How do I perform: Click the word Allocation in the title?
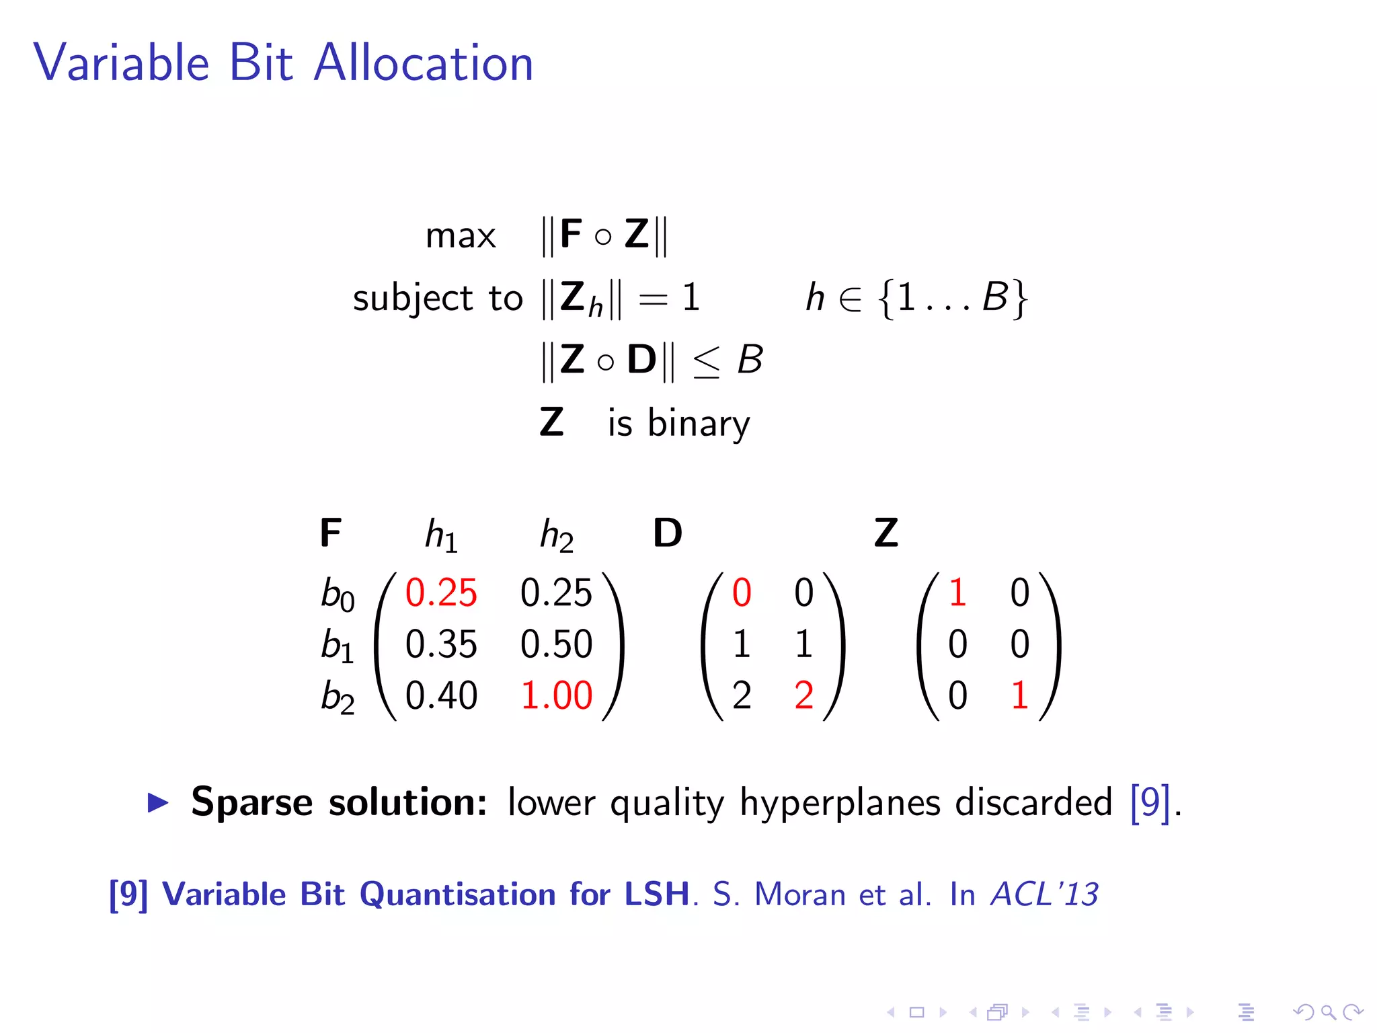tap(424, 63)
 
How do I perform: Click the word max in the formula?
tap(461, 236)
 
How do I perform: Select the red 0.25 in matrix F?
tap(441, 592)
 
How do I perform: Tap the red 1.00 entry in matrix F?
tap(556, 695)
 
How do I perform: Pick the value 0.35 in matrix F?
tap(441, 644)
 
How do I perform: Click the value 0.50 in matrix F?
tap(556, 644)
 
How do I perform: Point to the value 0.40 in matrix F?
tap(441, 695)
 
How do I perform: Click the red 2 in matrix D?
tap(803, 695)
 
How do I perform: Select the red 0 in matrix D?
tap(742, 592)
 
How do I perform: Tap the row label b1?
tap(337, 645)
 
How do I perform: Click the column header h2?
tap(557, 536)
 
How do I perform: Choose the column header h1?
tap(441, 536)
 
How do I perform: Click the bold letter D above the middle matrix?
tap(668, 533)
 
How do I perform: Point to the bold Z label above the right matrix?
tap(886, 533)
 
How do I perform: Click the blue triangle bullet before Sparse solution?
tap(158, 802)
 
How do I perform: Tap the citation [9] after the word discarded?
tap(1150, 802)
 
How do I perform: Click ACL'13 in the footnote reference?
tap(1044, 894)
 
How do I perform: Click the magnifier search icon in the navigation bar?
tap(1328, 1011)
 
